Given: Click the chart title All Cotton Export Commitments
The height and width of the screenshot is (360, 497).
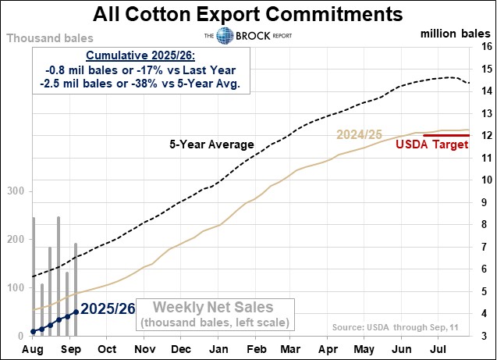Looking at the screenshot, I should [x=248, y=14].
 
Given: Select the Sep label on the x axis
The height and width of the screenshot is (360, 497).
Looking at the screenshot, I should [x=69, y=349].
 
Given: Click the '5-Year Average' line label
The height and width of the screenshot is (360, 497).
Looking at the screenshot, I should [x=211, y=144].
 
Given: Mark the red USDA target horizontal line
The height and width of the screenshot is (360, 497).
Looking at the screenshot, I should [x=446, y=135].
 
